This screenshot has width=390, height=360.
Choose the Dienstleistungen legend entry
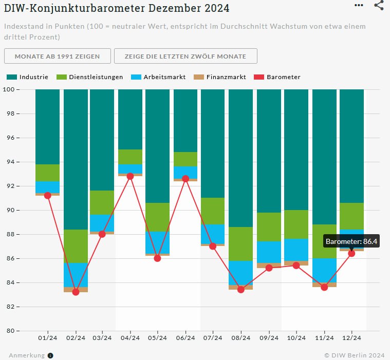point(90,77)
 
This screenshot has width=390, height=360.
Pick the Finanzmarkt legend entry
point(220,77)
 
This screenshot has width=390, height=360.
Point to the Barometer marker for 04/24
point(130,176)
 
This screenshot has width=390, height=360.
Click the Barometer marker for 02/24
point(76,292)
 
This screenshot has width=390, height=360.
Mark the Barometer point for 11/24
point(324,287)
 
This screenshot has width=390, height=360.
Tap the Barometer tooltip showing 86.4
point(352,240)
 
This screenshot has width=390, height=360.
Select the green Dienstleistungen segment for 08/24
point(240,244)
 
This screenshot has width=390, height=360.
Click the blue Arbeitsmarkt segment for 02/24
point(76,275)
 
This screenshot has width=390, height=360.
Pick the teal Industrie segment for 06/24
point(185,120)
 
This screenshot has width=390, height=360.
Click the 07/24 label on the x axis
point(213,337)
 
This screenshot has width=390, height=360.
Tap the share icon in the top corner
point(379,5)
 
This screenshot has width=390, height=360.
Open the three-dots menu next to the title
point(359,5)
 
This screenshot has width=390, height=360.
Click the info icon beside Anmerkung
point(50,355)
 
